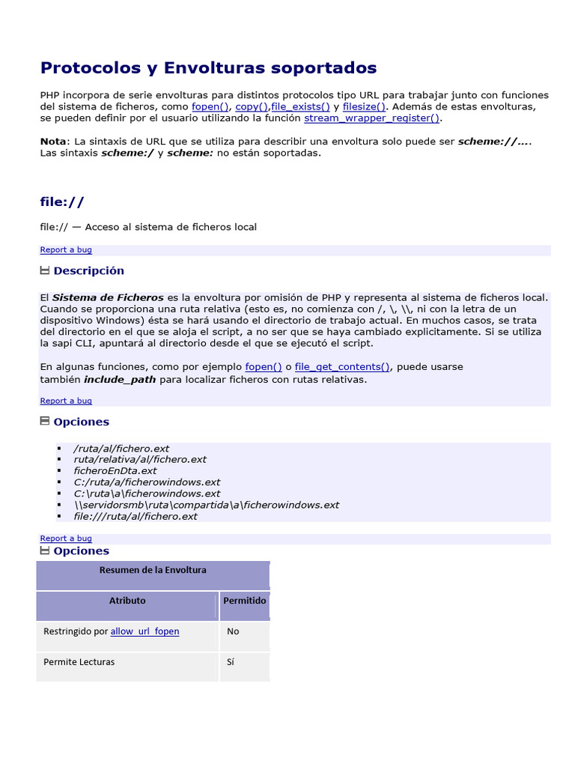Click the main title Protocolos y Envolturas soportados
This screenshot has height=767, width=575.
(x=208, y=68)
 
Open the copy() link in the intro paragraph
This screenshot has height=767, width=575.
(x=251, y=107)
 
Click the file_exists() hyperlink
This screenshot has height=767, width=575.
(x=300, y=107)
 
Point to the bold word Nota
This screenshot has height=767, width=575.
(x=52, y=142)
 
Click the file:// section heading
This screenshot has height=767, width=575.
(x=62, y=202)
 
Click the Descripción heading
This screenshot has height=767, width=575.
(x=88, y=270)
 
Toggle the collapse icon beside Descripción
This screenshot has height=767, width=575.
(x=44, y=270)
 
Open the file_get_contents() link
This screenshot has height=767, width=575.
(x=342, y=367)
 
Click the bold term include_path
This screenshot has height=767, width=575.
(x=120, y=379)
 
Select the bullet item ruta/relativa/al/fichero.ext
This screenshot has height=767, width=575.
(x=140, y=460)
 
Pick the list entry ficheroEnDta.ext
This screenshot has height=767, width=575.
(x=115, y=471)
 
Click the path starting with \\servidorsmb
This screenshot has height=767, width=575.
(x=207, y=505)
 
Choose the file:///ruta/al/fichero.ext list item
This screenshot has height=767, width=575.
(x=136, y=516)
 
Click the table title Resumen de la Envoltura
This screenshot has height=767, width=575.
(x=153, y=570)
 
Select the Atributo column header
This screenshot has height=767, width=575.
(x=127, y=601)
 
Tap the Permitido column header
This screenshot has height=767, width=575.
(x=244, y=601)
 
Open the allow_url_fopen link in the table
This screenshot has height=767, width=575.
(x=144, y=631)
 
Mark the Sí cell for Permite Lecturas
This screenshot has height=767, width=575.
(x=231, y=662)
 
